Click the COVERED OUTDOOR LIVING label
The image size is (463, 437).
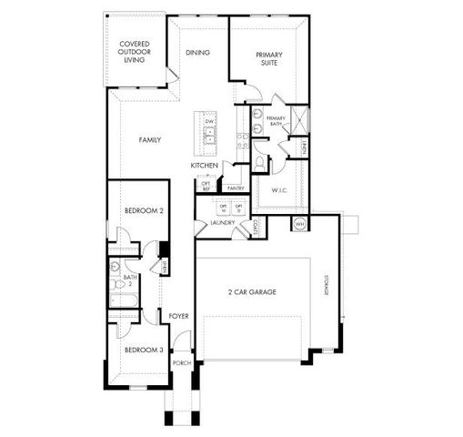pos(135,52)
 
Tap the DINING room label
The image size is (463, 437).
pos(197,53)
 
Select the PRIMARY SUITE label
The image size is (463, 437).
pos(269,60)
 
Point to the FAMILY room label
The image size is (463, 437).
pos(150,141)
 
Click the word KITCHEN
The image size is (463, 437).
pos(204,165)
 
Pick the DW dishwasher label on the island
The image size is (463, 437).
pos(209,122)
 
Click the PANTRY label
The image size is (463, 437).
pos(235,188)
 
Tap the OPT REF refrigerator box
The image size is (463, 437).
pos(206,186)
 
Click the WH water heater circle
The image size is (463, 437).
pos(299,223)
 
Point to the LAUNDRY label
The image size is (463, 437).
pos(223,223)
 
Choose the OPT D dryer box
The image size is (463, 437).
pos(240,208)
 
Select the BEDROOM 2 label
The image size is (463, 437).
pos(144,210)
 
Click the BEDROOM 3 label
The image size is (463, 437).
pos(144,350)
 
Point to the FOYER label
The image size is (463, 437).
pos(178,316)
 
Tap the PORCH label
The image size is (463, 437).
pos(182,362)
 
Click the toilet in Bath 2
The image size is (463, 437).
pos(116,268)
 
